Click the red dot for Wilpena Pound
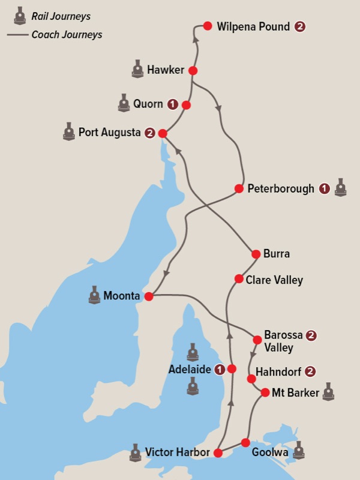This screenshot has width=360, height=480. (208, 26)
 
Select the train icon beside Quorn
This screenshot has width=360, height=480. (124, 103)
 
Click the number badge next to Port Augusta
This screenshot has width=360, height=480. (149, 133)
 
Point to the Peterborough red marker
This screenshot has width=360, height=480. (239, 189)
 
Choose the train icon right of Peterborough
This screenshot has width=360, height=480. (341, 187)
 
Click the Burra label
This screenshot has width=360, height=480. (277, 254)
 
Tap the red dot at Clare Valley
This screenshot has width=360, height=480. (239, 278)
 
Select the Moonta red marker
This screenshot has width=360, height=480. (149, 296)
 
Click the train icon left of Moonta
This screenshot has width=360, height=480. (94, 295)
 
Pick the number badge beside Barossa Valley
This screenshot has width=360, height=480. (311, 335)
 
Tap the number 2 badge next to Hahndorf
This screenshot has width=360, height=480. (310, 371)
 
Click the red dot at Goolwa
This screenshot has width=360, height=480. (245, 443)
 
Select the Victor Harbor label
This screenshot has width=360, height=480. (177, 452)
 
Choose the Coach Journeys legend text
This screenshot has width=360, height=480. (67, 34)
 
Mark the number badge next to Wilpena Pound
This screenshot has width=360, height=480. (300, 26)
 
